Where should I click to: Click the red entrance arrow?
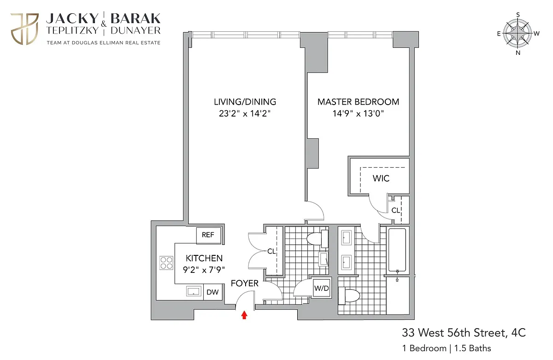coord(244,315)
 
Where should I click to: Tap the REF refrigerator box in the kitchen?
coord(208,235)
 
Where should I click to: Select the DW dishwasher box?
coord(213,292)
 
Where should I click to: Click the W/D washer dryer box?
coord(322,288)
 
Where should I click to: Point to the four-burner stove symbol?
coord(166,263)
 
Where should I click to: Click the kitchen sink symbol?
coord(194,291)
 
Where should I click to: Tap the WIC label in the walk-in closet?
coord(381,178)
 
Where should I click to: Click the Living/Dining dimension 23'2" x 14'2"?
coord(245,113)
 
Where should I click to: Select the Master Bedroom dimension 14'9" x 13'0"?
coord(358,113)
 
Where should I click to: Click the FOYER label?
coord(244,283)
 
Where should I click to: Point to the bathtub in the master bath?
coord(397,250)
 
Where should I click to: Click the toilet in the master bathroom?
coord(348,296)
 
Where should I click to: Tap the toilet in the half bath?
coord(318,239)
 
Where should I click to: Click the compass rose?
coord(518,33)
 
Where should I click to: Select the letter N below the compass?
coord(518,53)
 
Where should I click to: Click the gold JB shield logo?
coord(24,29)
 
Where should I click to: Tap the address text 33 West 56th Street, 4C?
coord(464,333)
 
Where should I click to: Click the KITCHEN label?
coord(204,258)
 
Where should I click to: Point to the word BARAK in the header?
coord(135,19)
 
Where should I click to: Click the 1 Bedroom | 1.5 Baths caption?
coord(447,348)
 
